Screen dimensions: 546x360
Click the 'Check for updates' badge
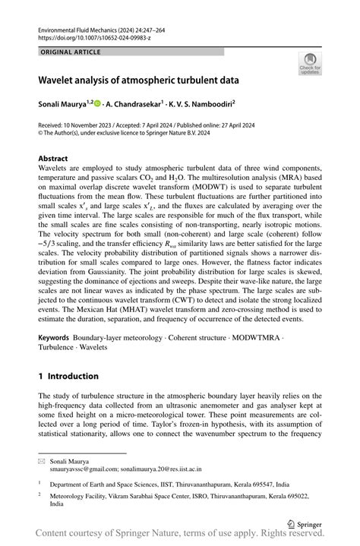coord(310,64)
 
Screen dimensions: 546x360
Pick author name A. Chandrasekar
coord(137,103)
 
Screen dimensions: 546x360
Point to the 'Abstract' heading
coord(53,159)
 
